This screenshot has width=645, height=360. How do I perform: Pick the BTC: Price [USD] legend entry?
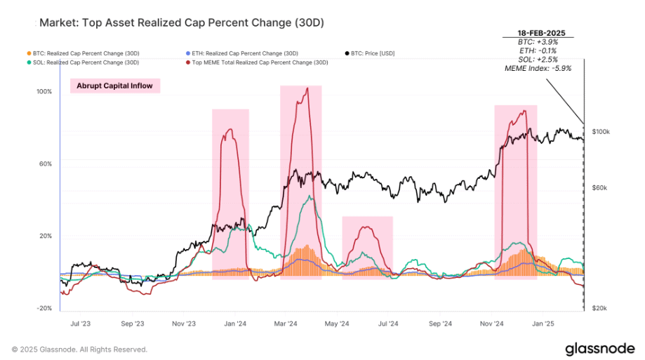375,53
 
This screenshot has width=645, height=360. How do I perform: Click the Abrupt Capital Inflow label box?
115,86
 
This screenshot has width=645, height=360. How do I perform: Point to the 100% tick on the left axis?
45,92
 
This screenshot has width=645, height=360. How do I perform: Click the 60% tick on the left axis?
46,164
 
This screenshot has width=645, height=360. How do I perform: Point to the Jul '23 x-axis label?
81,324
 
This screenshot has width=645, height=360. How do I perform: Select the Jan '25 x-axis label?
543,324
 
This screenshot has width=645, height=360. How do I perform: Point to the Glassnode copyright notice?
79,349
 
